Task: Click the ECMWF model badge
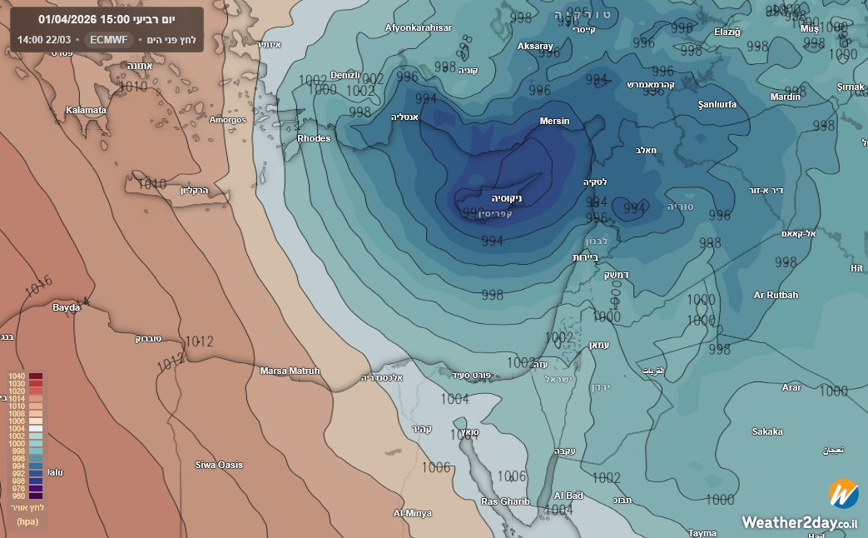coord(109,39)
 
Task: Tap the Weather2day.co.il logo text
coord(800,522)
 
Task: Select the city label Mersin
coord(555,122)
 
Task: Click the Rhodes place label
coord(314,138)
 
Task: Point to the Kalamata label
coord(87,110)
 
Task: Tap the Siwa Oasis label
coord(219,465)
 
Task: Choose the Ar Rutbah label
coord(776,295)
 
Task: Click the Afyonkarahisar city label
coord(419,27)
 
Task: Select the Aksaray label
coord(535,47)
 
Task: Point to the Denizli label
coord(345,75)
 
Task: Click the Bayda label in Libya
coord(67,307)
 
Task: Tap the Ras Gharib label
coord(505,501)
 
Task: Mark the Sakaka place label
coord(766,431)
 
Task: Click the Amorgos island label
coord(228,120)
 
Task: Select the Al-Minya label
coord(413,513)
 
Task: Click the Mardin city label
coord(785,97)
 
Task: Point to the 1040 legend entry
coord(17,376)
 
